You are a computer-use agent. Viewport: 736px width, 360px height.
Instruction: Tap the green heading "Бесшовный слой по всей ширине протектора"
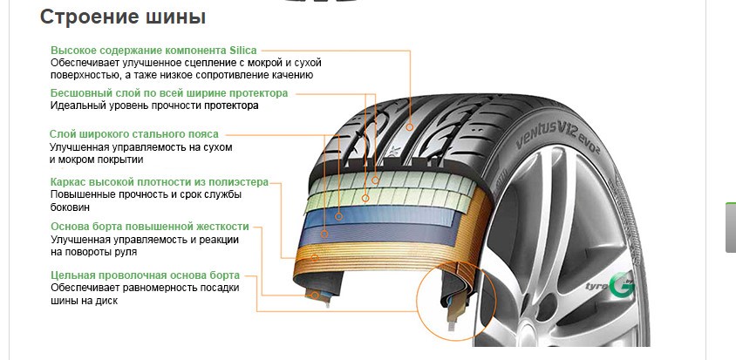tap(169, 93)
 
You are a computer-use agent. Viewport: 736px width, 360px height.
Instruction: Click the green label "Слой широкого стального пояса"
tap(134, 134)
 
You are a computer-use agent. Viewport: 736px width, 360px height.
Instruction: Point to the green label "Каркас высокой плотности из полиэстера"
tap(160, 182)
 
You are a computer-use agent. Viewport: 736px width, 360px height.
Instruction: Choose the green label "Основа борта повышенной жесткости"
tap(150, 227)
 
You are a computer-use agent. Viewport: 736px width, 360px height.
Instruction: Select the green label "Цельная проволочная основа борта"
tap(145, 275)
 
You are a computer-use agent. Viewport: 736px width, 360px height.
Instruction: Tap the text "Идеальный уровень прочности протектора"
tap(154, 105)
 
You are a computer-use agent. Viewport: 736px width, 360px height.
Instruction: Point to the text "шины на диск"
tap(84, 301)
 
